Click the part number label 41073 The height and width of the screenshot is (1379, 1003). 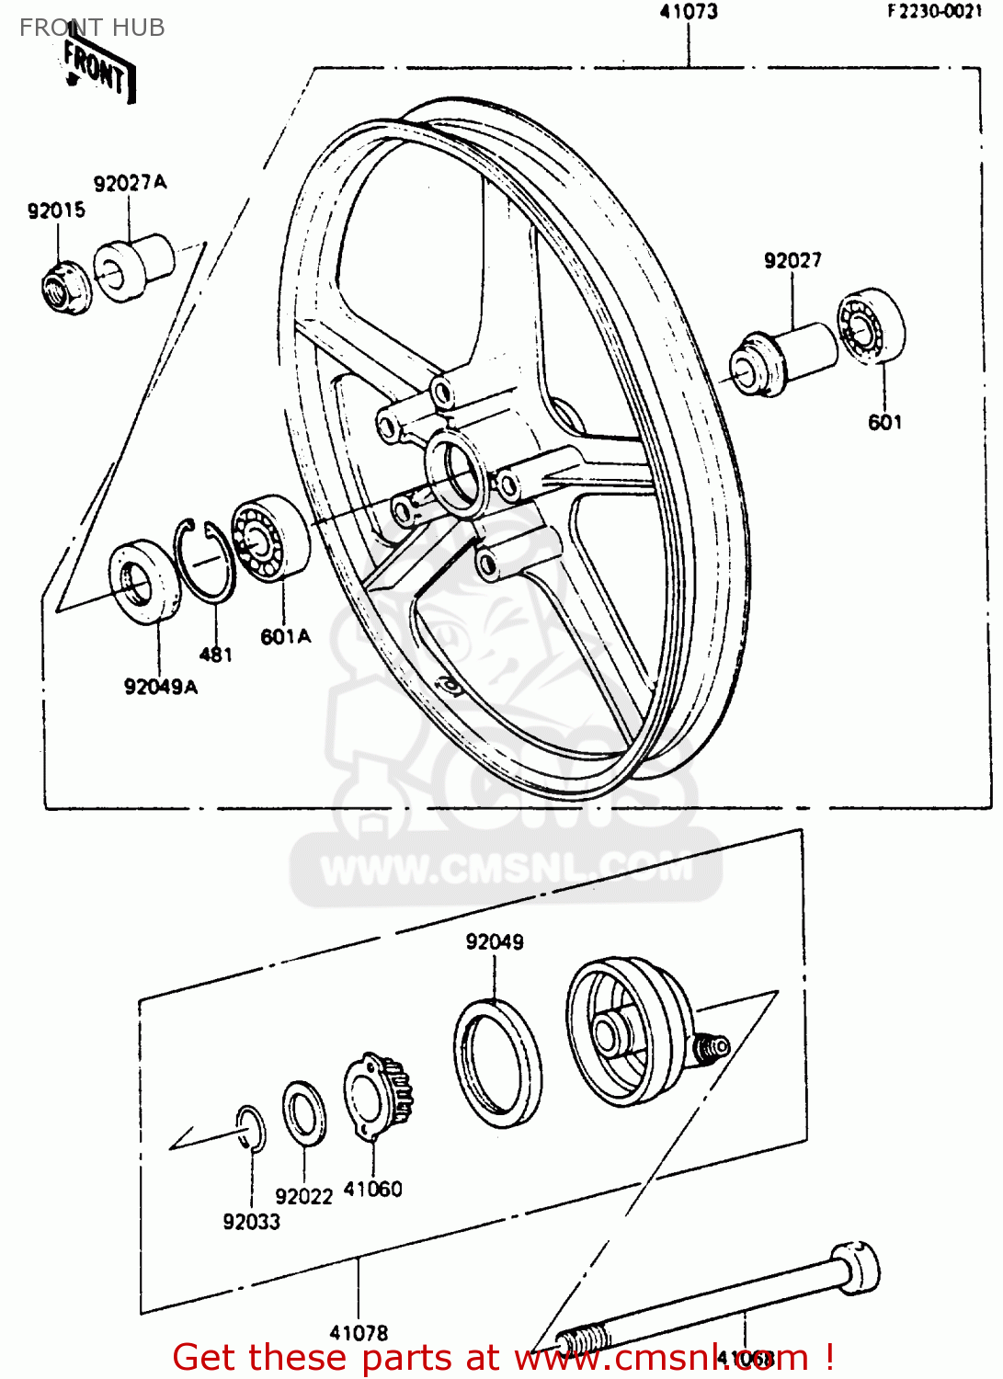click(689, 12)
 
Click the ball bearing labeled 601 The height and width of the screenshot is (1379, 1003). click(871, 327)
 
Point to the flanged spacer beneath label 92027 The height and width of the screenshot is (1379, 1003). click(781, 360)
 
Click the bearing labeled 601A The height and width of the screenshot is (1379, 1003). click(269, 538)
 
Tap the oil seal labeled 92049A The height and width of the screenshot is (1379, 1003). click(144, 582)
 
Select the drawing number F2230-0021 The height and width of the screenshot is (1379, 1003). click(934, 11)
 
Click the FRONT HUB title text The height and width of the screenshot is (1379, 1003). click(92, 28)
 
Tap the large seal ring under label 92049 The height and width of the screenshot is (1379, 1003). click(497, 1063)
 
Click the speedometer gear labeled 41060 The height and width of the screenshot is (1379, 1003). click(378, 1097)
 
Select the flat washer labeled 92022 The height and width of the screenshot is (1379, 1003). click(303, 1113)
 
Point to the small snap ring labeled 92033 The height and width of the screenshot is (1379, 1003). click(250, 1128)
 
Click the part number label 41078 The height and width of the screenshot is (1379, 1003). click(359, 1332)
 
